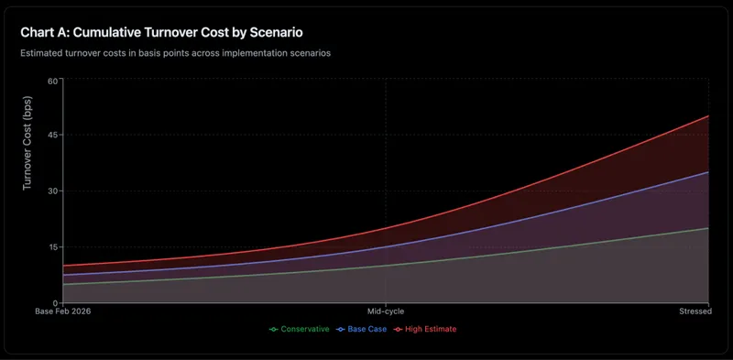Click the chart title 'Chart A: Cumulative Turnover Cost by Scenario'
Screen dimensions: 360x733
(x=174, y=32)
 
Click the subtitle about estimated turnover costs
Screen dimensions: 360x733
(x=175, y=53)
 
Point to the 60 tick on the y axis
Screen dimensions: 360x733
(x=52, y=80)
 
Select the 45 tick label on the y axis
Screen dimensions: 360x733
(x=52, y=136)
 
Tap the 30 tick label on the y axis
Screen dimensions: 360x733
(x=52, y=191)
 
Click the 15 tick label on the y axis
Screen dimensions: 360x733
(x=52, y=247)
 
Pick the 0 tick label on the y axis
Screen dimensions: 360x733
(x=55, y=302)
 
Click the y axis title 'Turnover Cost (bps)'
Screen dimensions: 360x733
(x=27, y=147)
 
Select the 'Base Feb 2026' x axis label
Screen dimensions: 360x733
(x=63, y=312)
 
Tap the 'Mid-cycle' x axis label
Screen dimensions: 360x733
(x=386, y=312)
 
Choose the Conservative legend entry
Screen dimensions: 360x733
(x=299, y=329)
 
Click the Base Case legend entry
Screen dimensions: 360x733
(x=362, y=329)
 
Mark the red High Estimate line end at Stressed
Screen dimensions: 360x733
(x=708, y=116)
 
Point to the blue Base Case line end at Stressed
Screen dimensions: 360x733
(x=708, y=172)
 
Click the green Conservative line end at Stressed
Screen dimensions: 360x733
(x=708, y=228)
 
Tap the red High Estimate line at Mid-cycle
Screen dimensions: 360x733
(x=386, y=228)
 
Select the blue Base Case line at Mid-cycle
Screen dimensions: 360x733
(x=386, y=246)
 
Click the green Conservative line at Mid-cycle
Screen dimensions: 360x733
(x=386, y=266)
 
